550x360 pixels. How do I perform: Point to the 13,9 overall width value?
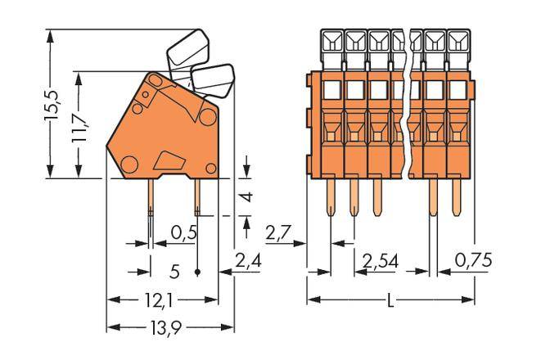[x=163, y=328]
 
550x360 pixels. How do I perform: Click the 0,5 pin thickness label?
[x=183, y=233]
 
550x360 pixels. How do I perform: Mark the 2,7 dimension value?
[x=280, y=234]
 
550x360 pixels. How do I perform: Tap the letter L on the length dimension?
[x=390, y=301]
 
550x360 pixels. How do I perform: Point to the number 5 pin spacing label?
[x=174, y=269]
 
